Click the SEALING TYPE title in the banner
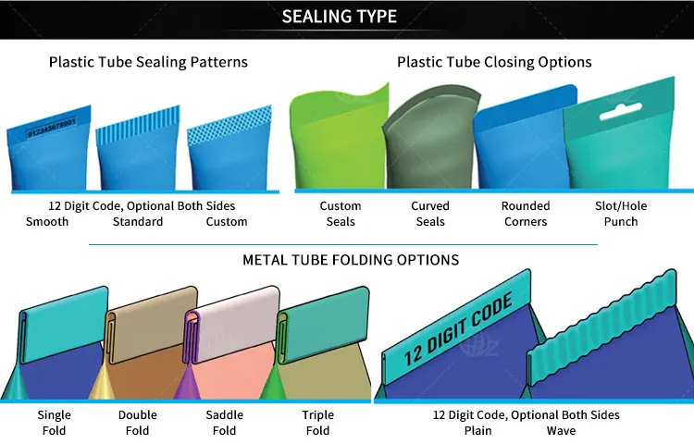coord(340,17)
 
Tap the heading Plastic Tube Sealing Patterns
coord(148,62)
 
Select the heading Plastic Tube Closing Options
coord(494,62)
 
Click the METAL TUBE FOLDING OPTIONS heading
coord(351,260)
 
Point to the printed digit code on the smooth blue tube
coord(51,127)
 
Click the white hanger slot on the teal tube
coord(621,111)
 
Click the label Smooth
coord(47,222)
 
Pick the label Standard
coord(138,222)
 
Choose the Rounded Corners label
coord(526,214)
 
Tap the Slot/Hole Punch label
coord(621,214)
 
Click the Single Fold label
coord(54,423)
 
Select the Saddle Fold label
coord(225,423)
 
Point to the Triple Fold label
coord(317,423)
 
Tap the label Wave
coord(561,430)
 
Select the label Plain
coord(478,430)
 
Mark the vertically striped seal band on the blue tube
coord(138,126)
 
